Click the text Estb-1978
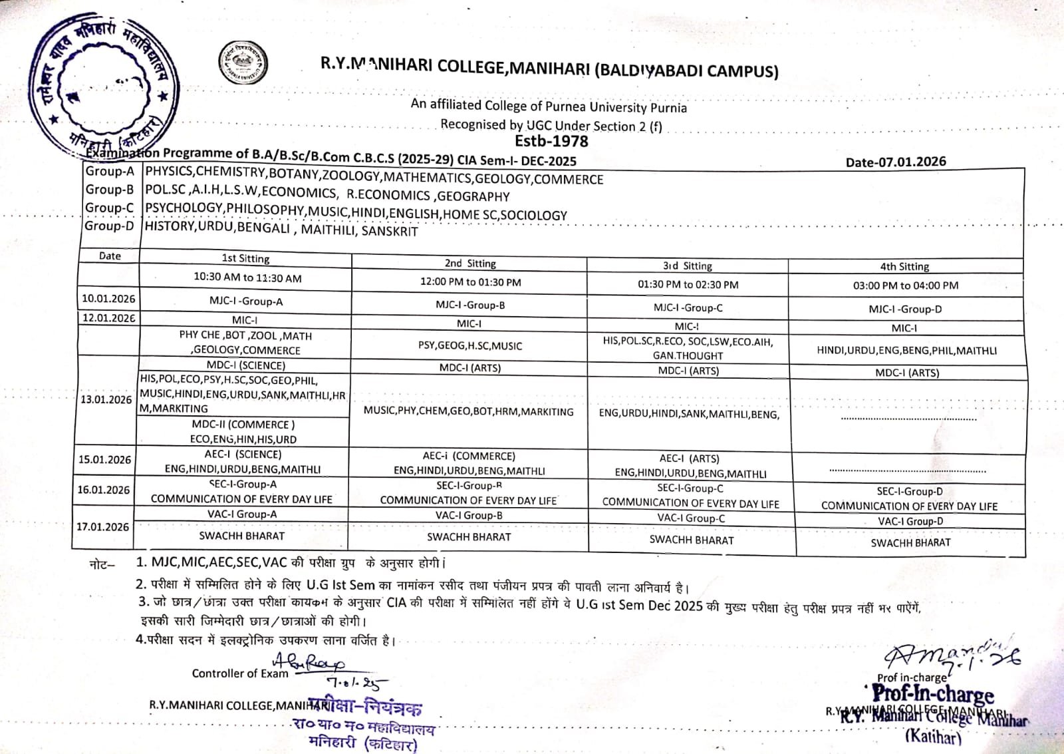(x=551, y=141)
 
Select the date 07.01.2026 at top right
(x=896, y=162)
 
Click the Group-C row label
(x=109, y=208)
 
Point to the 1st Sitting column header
(x=245, y=258)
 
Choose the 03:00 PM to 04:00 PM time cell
(x=906, y=285)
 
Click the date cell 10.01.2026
(x=108, y=299)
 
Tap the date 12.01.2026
(x=108, y=317)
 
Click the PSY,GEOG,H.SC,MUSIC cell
(x=470, y=345)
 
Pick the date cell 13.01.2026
(x=106, y=399)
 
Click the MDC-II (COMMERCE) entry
(x=243, y=425)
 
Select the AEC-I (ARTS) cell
(x=690, y=459)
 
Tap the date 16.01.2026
(x=104, y=490)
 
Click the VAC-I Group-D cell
(x=910, y=522)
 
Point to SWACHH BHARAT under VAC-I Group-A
(x=242, y=536)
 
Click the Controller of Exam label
(x=240, y=673)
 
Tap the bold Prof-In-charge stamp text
(x=933, y=694)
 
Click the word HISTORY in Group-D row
(x=170, y=226)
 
